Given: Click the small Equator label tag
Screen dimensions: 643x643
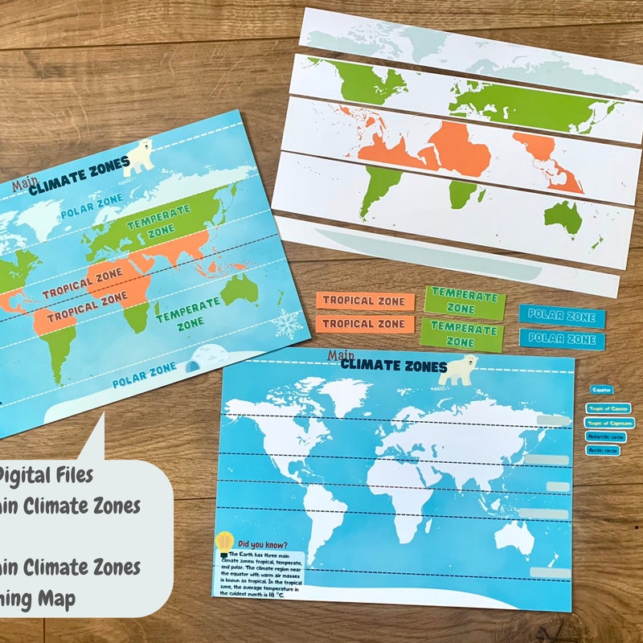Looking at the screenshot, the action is pyautogui.click(x=602, y=390).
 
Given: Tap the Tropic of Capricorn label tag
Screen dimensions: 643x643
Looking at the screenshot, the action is pyautogui.click(x=610, y=423).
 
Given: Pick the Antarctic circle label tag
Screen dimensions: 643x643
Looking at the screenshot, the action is pyautogui.click(x=604, y=436).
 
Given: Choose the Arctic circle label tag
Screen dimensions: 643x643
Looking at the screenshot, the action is pyautogui.click(x=604, y=451).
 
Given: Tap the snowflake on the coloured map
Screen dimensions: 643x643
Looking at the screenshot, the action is pyautogui.click(x=287, y=324).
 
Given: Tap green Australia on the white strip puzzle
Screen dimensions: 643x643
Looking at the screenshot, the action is pyautogui.click(x=563, y=215).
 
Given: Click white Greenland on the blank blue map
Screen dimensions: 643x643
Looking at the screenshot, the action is pyautogui.click(x=342, y=395).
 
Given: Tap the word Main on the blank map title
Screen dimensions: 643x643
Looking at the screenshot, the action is pyautogui.click(x=340, y=354).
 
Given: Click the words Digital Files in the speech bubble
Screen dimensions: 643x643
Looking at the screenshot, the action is pyautogui.click(x=44, y=475).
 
